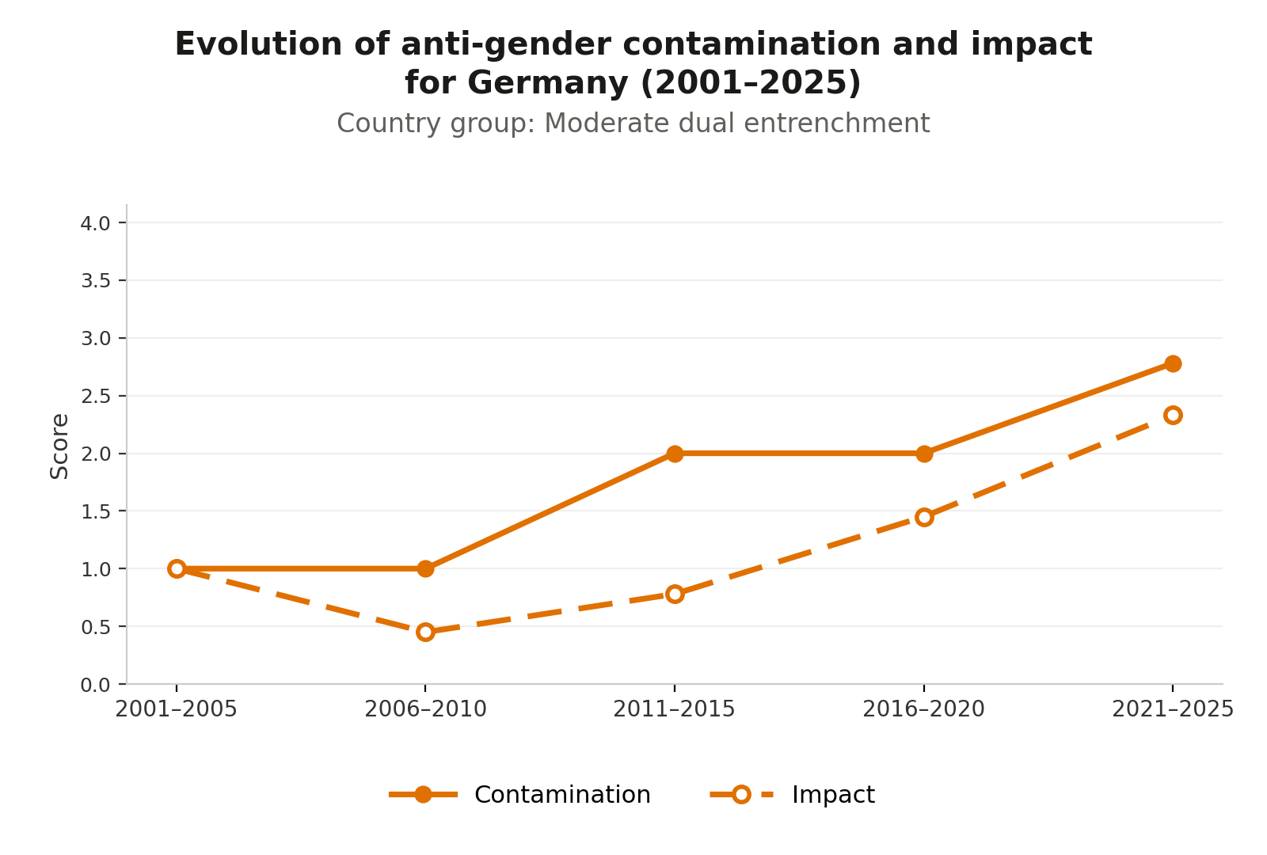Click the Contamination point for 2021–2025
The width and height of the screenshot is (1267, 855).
click(x=1173, y=363)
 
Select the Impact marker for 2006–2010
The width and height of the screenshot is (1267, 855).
click(x=426, y=632)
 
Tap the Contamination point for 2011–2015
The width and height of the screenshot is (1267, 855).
click(x=675, y=454)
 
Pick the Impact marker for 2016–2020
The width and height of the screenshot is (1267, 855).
click(x=924, y=518)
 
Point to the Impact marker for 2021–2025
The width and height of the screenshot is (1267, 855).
click(x=1173, y=415)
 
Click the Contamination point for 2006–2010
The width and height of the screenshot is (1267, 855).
click(x=426, y=569)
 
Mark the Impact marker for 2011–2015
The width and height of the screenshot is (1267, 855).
click(x=675, y=595)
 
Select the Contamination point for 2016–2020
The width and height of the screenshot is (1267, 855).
click(x=924, y=454)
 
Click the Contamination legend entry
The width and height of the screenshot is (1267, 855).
click(x=519, y=795)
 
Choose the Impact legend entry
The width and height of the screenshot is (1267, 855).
click(x=793, y=795)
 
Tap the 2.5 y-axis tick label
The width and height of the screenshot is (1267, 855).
click(x=96, y=397)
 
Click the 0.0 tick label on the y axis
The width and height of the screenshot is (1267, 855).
click(x=96, y=686)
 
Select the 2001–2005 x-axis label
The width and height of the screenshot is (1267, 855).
click(x=177, y=709)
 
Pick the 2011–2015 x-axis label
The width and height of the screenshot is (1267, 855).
click(x=675, y=709)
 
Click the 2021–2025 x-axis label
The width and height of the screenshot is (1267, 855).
click(x=1173, y=709)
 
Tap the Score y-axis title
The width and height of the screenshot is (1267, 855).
click(x=59, y=446)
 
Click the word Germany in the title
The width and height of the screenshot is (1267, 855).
click(x=547, y=83)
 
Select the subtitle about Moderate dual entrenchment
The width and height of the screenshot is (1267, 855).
click(x=633, y=123)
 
